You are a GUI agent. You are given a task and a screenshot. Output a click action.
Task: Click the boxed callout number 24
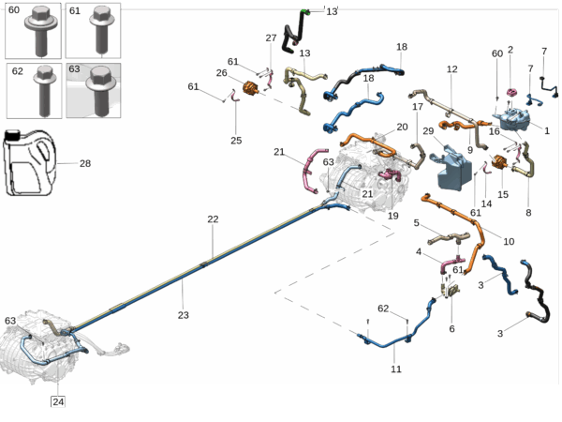click(x=58, y=403)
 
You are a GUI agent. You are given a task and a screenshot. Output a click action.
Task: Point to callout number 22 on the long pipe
click(x=213, y=219)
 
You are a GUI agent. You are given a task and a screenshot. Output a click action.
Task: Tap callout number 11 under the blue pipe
click(x=396, y=369)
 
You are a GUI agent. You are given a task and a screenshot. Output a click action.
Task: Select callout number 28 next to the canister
click(x=85, y=163)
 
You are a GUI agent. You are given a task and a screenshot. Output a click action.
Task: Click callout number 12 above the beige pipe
click(x=451, y=69)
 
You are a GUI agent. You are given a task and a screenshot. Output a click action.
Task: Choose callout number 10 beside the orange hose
click(x=509, y=241)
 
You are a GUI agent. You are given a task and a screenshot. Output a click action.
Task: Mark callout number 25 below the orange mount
click(x=236, y=141)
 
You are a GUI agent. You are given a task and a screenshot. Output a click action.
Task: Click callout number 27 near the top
click(x=271, y=38)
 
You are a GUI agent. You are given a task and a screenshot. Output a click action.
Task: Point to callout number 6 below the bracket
click(x=451, y=329)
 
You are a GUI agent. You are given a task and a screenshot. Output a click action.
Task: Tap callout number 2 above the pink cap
click(x=510, y=50)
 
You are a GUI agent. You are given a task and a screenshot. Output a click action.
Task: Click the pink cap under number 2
click(x=512, y=92)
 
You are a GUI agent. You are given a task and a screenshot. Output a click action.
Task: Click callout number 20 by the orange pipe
click(x=402, y=127)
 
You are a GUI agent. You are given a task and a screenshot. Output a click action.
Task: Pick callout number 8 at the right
click(x=527, y=213)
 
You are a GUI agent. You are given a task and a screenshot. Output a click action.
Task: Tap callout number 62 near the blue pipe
click(x=382, y=309)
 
